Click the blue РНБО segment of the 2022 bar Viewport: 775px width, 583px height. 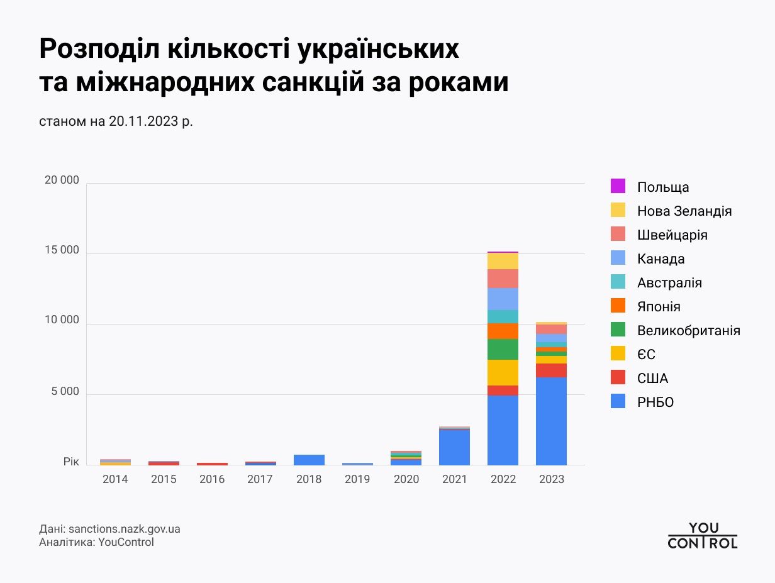[503, 430]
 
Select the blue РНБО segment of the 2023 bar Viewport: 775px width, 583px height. [551, 421]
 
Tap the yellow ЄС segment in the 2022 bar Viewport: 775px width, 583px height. [503, 372]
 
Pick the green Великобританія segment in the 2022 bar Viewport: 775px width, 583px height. [503, 349]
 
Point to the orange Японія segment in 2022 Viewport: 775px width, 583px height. [503, 331]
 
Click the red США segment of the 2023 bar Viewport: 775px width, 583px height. [551, 370]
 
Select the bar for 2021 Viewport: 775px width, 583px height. [454, 447]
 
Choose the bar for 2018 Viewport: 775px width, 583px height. [309, 460]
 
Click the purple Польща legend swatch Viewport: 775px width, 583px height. [618, 187]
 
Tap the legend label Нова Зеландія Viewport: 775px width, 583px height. [684, 211]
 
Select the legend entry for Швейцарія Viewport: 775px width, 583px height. [672, 235]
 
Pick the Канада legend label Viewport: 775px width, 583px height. [661, 259]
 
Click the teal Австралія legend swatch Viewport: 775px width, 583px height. [618, 283]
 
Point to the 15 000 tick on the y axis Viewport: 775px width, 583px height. [62, 250]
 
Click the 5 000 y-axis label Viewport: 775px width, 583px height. [65, 392]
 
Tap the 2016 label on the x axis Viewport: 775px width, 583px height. [212, 479]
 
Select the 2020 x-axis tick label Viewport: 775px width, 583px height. [406, 479]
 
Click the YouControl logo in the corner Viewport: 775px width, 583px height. [702, 536]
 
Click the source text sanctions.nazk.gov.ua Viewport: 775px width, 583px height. [124, 529]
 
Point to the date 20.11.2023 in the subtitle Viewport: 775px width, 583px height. [143, 121]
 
